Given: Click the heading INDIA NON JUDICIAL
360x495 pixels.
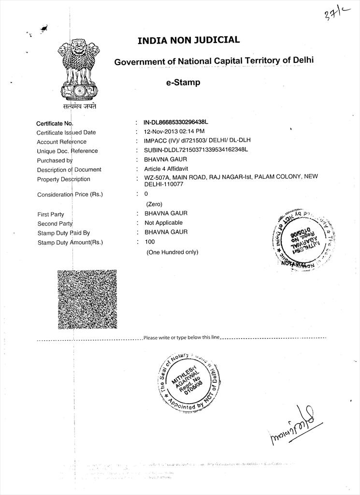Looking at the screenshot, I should click(188, 40).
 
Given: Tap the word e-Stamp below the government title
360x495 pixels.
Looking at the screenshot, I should click(183, 83).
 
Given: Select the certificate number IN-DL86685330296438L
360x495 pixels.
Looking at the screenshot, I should click(179, 123).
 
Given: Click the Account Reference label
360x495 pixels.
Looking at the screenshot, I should click(61, 142).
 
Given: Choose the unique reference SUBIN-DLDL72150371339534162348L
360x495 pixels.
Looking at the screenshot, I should click(196, 150).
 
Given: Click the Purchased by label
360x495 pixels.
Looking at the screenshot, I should click(55, 160).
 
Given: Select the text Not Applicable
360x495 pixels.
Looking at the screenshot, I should click(163, 223).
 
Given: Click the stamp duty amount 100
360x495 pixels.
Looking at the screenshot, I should click(150, 242).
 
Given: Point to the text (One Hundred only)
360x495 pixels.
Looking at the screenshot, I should click(172, 252).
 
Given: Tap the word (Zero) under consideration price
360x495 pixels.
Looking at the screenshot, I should click(154, 204).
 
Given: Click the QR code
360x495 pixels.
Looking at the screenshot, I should click(87, 299).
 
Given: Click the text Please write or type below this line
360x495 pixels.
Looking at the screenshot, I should click(182, 337).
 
